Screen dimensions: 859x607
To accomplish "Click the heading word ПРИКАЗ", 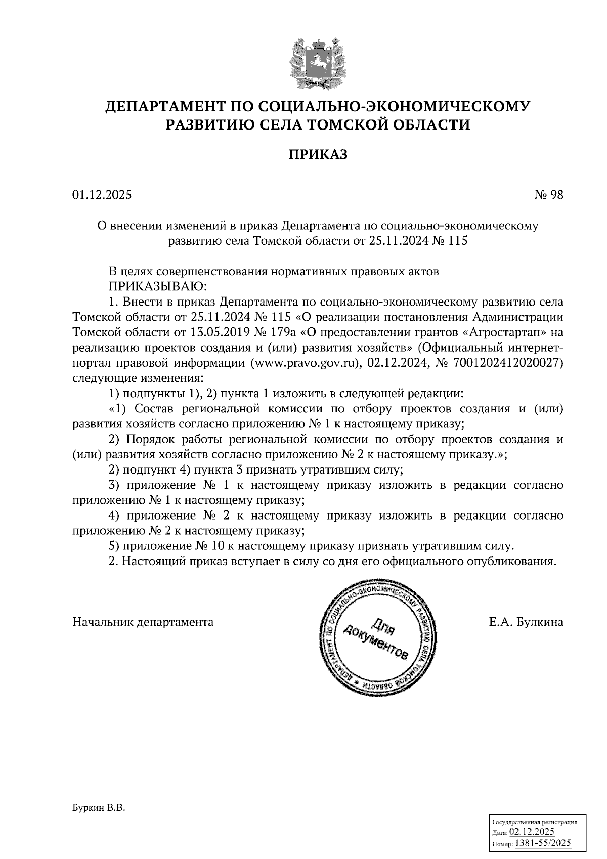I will [318, 154].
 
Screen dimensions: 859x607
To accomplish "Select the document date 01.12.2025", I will [102, 195].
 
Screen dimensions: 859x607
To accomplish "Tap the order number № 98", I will [549, 195].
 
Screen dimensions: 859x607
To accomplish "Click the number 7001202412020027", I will [506, 363].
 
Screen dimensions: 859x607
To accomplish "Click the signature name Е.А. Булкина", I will [526, 622].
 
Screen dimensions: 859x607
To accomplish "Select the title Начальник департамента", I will [143, 622].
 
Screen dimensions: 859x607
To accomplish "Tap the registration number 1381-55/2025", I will [542, 843].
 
